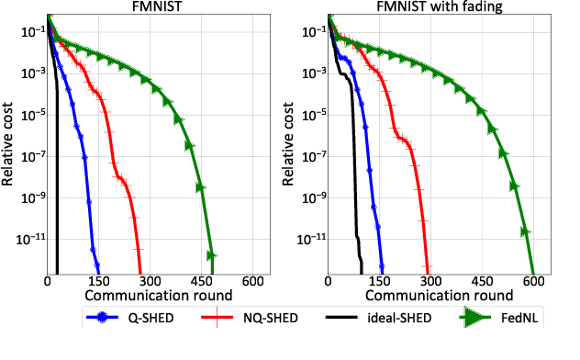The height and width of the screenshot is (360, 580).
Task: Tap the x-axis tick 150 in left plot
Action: tap(98, 281)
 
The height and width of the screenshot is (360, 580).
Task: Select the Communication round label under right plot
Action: tap(433, 296)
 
